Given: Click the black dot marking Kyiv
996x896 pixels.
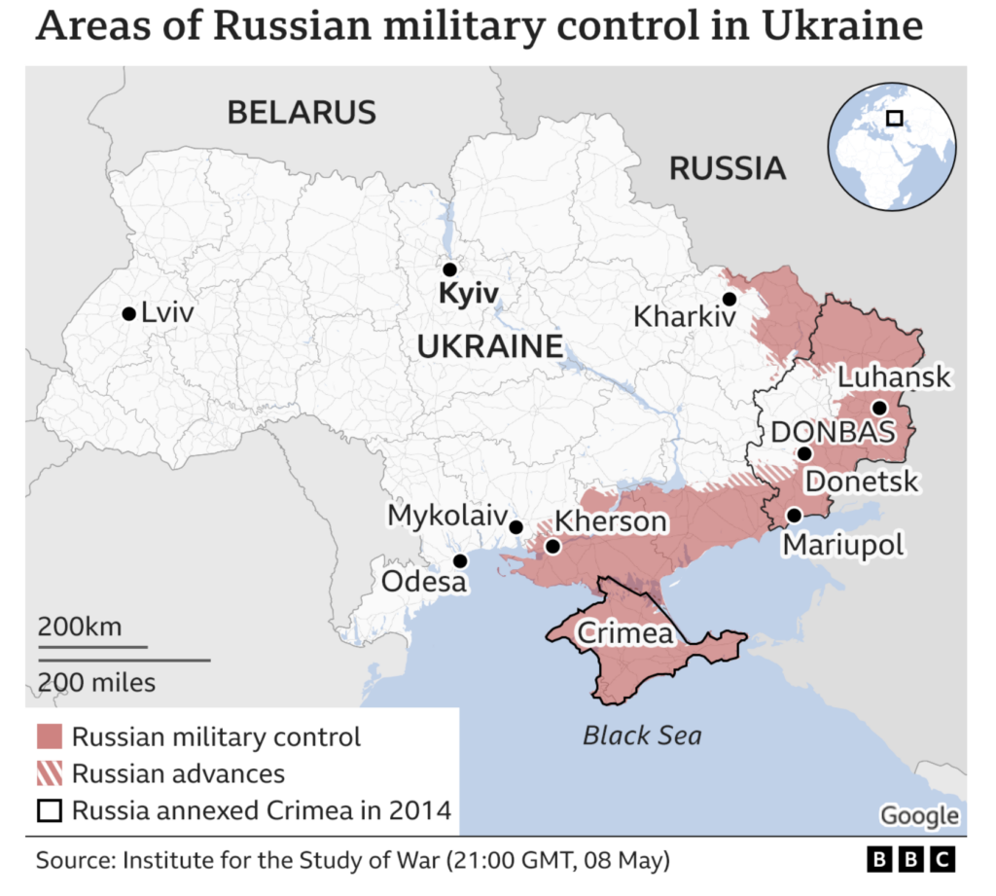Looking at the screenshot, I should (x=449, y=269).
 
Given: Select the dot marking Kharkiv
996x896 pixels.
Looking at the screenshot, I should (x=729, y=300).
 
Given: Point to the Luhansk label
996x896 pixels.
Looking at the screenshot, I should (x=894, y=377).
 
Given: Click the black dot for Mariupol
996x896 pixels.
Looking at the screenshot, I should (x=795, y=515).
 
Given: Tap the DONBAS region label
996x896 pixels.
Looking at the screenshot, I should (x=832, y=433).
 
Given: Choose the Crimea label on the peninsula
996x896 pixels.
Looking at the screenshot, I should (x=624, y=633).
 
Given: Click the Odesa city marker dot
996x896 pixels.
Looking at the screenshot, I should (x=461, y=560).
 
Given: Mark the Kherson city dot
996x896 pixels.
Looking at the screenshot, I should (x=552, y=547).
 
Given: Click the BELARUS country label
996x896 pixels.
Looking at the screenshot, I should (x=301, y=112).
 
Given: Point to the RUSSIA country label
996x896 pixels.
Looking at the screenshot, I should (x=727, y=168).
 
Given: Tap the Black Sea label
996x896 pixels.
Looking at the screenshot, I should (x=642, y=735).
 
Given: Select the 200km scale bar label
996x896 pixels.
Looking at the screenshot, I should (x=80, y=627).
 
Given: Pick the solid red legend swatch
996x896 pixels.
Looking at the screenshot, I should (x=50, y=737).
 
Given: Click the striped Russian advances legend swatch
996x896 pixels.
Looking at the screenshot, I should (x=50, y=774).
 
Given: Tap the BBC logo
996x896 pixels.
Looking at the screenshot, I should (x=910, y=861).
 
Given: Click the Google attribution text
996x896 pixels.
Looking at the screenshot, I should (x=919, y=815).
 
